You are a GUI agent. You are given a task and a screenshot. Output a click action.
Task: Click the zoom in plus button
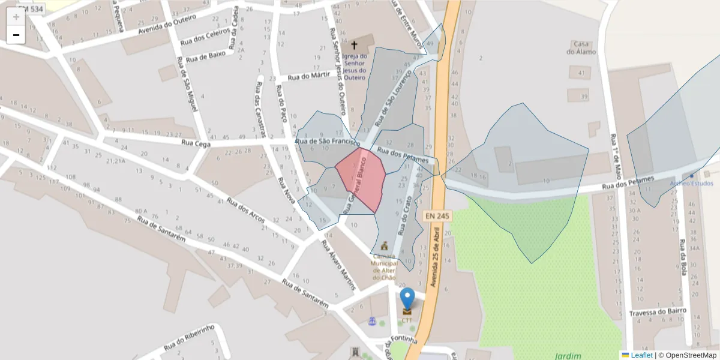(16, 17)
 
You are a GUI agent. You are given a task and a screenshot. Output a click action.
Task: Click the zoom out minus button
(16, 35)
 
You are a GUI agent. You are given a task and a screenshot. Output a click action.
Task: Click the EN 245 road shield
(437, 215)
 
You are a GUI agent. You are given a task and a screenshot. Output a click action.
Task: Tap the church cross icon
(354, 45)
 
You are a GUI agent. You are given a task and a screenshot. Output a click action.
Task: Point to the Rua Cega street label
(196, 143)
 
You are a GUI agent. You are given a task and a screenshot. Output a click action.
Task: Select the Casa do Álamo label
(581, 47)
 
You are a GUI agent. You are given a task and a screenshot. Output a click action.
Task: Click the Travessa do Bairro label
(656, 313)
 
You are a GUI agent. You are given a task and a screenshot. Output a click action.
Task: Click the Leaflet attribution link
(641, 355)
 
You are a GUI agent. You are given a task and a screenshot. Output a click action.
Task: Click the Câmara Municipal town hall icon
(384, 245)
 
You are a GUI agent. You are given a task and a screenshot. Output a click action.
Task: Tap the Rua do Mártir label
(309, 76)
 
